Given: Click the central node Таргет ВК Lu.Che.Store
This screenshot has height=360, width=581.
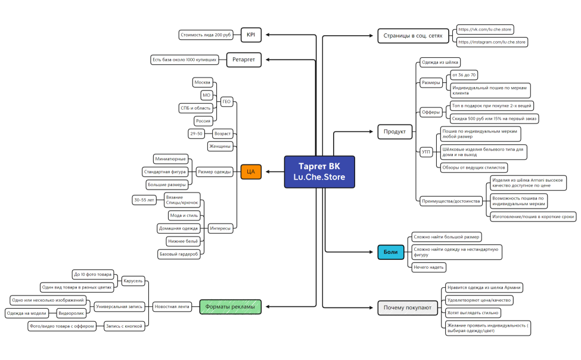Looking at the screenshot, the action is point(319,172).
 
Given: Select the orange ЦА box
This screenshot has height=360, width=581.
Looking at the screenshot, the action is point(251,172).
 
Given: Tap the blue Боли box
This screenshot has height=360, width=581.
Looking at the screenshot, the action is point(390,252).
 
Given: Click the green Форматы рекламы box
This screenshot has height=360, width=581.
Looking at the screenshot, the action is point(230,306).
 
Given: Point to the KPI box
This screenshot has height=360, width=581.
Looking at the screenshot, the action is point(251,35).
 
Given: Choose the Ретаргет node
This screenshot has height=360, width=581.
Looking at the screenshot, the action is point(244,60).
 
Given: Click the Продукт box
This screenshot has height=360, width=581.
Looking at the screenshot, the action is point(394,132).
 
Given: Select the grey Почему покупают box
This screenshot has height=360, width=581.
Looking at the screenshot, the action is point(408,308).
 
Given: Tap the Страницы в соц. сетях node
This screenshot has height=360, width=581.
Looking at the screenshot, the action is point(413,36).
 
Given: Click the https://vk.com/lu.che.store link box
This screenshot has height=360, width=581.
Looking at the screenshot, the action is point(484,29).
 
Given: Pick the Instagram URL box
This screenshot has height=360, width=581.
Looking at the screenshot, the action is point(492,42).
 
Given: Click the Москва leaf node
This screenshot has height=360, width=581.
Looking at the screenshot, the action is point(203,82).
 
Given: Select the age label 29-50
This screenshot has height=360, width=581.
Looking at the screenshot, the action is point(197,134).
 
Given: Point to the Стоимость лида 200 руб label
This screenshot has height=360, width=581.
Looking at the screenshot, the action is point(206,35).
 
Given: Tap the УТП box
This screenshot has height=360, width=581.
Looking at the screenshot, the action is point(426,151).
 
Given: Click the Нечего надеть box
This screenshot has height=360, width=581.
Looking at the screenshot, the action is point(428,267).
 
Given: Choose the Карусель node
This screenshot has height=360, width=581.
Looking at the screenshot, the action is point(133,281).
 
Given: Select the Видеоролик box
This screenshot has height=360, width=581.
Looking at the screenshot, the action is point(71,314).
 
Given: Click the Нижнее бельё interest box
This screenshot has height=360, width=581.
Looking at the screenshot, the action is point(183,241).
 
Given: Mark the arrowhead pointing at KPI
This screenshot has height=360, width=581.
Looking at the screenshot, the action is point(268,35).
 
